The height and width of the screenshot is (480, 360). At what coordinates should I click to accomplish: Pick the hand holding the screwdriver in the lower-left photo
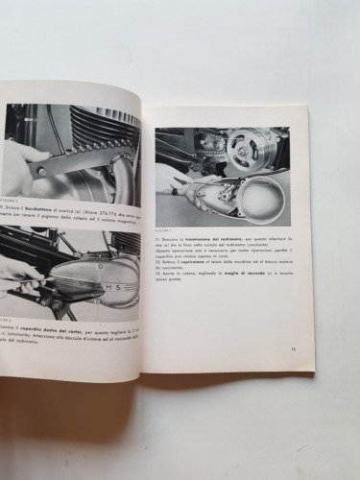(19, 275)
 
